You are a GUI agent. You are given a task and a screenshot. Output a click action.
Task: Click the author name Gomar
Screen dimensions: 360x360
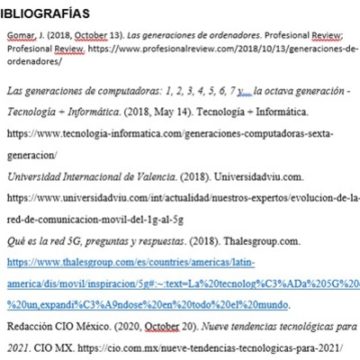point(21,36)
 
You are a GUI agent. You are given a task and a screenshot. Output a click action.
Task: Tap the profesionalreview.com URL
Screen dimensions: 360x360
point(198,49)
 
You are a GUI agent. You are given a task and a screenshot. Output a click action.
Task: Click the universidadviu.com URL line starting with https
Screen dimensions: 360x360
point(180,196)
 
